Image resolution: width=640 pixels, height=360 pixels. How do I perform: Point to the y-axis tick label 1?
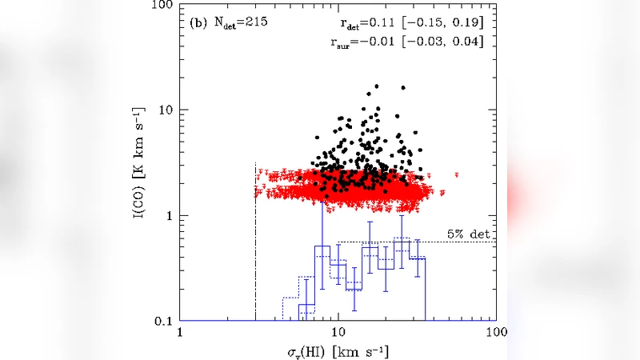168,215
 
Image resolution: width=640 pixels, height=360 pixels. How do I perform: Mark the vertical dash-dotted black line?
255,240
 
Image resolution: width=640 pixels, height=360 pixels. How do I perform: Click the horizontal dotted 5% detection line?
416,242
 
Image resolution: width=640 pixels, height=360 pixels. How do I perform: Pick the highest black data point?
376,86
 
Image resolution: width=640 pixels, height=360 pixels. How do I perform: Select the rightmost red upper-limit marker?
456,174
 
